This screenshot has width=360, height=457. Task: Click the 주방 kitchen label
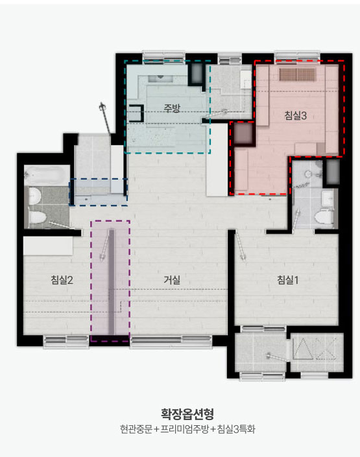tap(171, 108)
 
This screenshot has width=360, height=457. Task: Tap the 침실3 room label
tap(295, 115)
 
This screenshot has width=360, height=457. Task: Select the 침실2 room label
tap(62, 280)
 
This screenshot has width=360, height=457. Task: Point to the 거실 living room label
tap(172, 280)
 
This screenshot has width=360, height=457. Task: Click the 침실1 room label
tap(287, 280)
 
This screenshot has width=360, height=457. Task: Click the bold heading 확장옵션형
tap(187, 414)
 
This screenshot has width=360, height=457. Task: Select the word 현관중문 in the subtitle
tap(136, 429)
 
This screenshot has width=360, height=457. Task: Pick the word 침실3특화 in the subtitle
tap(236, 429)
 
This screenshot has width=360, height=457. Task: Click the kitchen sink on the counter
tap(160, 78)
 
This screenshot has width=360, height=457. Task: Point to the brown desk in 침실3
tap(297, 75)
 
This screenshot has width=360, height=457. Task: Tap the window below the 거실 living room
tap(171, 342)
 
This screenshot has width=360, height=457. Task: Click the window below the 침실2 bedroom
tap(66, 342)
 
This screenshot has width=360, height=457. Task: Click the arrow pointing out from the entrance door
tap(106, 119)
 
